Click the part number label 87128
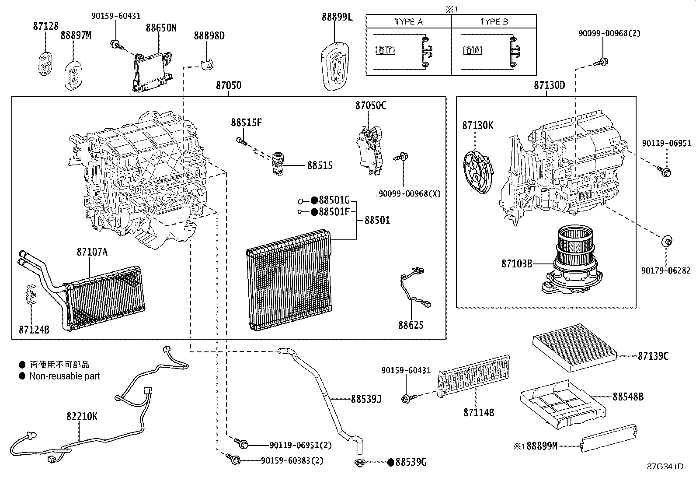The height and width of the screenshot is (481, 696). pos(45,26)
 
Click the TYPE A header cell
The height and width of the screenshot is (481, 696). pos(408,21)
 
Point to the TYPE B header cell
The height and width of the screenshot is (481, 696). pos(494,21)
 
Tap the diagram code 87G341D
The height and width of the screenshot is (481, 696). pos(665,467)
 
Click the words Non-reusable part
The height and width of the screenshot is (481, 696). pos(65,376)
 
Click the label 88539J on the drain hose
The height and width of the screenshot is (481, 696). pos(366,399)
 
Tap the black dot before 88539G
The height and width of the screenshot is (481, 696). pos(391,462)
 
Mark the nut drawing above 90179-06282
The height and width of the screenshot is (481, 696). pos(666,241)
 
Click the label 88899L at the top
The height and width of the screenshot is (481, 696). pos(337,17)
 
